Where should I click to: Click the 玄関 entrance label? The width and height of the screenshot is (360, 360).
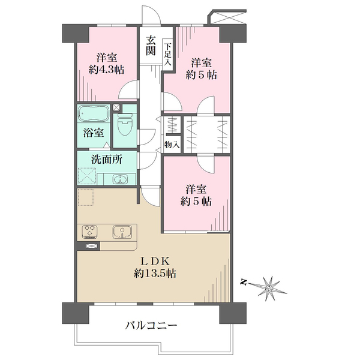point(151,46)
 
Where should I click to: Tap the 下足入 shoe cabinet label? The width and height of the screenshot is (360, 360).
point(168,55)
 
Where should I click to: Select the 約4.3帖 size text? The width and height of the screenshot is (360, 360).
point(107,70)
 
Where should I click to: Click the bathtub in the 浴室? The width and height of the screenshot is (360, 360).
point(94,113)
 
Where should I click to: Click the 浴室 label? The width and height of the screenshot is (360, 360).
point(94,133)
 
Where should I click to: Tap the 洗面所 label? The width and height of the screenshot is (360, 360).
point(107,160)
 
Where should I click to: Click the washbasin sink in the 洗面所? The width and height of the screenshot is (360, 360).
point(120,179)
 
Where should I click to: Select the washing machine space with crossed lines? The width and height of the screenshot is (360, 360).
point(87,176)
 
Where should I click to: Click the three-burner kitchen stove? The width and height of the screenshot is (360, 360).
point(89,232)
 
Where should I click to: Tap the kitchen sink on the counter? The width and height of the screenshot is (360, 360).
point(122,232)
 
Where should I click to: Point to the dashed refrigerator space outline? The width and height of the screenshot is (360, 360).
point(86,197)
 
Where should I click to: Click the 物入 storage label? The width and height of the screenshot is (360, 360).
point(172,145)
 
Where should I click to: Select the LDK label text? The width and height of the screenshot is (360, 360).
point(155,261)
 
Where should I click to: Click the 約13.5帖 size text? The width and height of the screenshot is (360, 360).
point(155,273)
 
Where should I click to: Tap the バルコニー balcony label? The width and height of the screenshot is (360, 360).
point(151,326)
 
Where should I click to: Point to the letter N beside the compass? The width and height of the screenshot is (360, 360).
point(244,282)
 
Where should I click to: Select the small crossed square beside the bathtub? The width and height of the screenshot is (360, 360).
point(116,107)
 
